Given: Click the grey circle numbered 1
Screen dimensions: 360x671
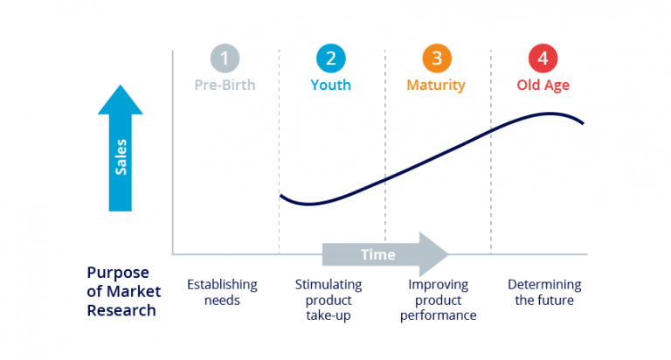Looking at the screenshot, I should click(x=225, y=59).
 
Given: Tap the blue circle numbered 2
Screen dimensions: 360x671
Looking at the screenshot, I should click(x=330, y=59).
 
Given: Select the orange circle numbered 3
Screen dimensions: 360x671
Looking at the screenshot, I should click(x=436, y=59).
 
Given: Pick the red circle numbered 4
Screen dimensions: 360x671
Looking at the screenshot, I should click(x=543, y=59).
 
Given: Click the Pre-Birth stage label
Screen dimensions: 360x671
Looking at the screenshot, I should click(x=225, y=86).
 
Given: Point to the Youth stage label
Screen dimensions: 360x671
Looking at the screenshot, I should click(x=330, y=86).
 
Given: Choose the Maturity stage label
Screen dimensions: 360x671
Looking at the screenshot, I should click(x=436, y=86).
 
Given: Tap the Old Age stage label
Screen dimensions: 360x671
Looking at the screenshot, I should click(x=543, y=86).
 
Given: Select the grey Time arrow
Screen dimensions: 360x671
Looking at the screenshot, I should click(x=384, y=254).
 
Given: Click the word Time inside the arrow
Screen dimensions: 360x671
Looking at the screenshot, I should click(x=378, y=255).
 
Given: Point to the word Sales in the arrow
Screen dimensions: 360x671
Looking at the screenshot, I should click(x=121, y=156).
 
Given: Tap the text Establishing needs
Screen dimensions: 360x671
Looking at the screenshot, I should click(x=222, y=293).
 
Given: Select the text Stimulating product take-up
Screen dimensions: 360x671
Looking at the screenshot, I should click(x=329, y=300).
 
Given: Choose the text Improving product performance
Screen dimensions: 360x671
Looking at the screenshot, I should click(x=438, y=300).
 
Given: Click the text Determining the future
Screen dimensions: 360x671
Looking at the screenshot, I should click(x=544, y=293).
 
